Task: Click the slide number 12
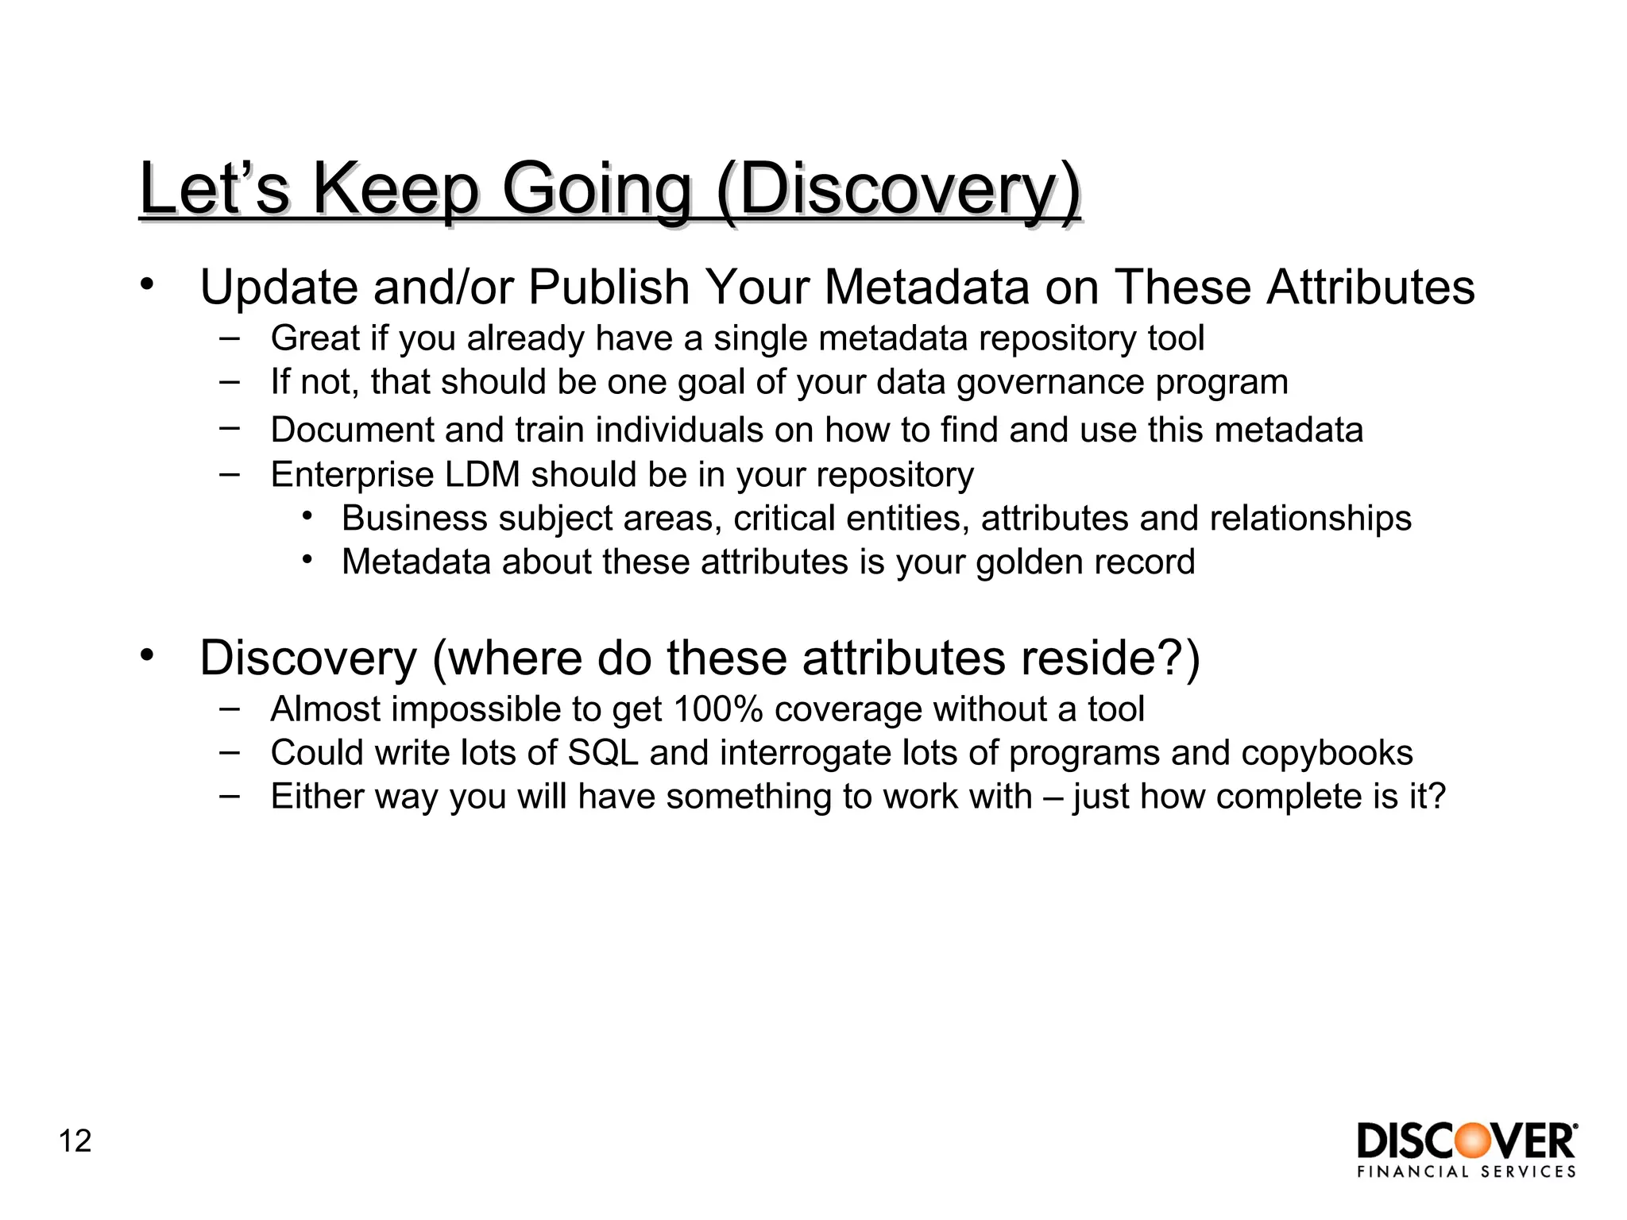point(75,1141)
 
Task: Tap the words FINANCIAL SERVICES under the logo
point(1467,1172)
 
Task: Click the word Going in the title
point(597,191)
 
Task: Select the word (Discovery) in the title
point(898,191)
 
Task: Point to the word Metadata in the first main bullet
point(926,287)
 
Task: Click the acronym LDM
point(482,475)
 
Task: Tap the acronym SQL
point(603,753)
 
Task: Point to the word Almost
point(326,709)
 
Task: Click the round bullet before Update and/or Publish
point(145,284)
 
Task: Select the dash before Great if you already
point(229,337)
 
